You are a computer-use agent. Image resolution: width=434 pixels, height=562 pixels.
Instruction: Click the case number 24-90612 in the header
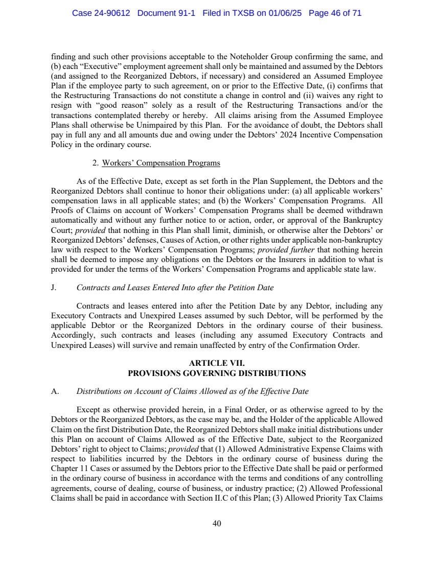[112, 13]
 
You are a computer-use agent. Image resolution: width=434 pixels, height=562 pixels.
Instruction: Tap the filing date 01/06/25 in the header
[288, 13]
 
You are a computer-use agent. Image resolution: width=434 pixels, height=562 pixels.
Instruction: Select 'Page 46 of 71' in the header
[335, 13]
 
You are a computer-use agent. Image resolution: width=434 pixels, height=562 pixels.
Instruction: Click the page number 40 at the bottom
[217, 523]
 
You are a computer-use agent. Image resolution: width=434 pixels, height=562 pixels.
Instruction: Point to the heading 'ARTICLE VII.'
[217, 364]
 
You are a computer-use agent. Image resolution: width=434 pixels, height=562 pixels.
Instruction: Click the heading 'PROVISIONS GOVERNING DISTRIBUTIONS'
[217, 373]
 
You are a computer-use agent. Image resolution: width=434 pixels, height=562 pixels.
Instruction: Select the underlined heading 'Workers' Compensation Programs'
[161, 163]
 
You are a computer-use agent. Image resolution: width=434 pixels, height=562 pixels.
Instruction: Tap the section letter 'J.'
[54, 288]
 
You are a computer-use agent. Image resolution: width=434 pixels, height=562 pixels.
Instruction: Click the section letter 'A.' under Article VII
[54, 392]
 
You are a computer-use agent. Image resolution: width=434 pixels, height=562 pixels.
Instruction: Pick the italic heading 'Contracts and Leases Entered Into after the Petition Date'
[175, 288]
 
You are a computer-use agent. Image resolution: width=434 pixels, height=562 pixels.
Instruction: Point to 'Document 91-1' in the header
[171, 13]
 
